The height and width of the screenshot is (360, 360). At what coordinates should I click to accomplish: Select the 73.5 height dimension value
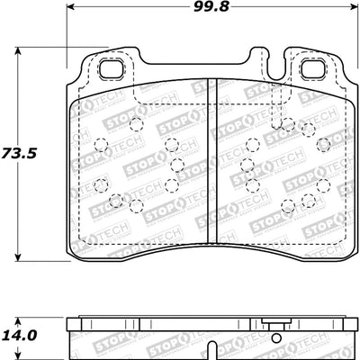point(21,154)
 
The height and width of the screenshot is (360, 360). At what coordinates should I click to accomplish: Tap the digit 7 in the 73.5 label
point(9,154)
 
